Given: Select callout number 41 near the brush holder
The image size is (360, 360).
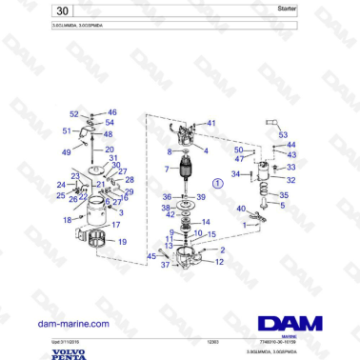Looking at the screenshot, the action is click(x=211, y=123).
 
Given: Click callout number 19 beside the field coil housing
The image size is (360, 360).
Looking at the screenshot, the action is click(x=122, y=243).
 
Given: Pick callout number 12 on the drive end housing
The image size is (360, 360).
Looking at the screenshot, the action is click(x=220, y=261).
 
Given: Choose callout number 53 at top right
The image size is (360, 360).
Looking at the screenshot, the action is click(x=283, y=134).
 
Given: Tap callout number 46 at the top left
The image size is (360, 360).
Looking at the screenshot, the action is click(x=111, y=111).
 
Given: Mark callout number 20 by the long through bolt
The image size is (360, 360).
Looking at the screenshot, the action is click(x=110, y=150).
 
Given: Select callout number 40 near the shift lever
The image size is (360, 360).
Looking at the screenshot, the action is click(x=241, y=208).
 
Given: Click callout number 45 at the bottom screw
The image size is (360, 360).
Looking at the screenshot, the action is click(x=150, y=255).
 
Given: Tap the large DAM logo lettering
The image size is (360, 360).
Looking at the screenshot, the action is click(x=288, y=323).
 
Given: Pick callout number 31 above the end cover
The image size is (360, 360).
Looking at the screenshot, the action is click(x=113, y=158).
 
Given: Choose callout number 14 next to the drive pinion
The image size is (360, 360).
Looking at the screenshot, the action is click(x=205, y=221).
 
